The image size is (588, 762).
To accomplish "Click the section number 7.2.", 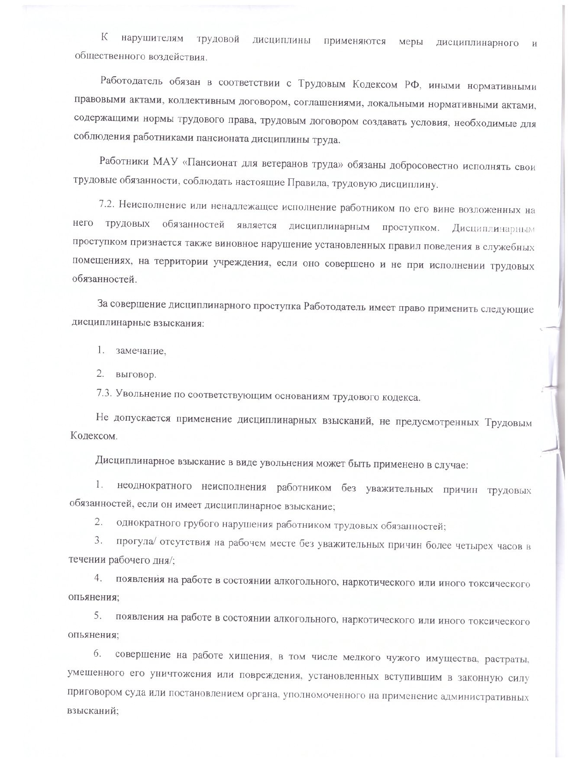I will click(x=107, y=205).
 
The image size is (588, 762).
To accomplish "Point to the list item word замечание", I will click(x=141, y=351).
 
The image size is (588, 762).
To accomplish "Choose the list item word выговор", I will click(x=136, y=374).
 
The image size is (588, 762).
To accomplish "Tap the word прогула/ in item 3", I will click(x=133, y=541).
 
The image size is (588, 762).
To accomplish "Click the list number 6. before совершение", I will click(x=97, y=653).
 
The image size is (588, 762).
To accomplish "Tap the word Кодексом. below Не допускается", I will click(x=94, y=436).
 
